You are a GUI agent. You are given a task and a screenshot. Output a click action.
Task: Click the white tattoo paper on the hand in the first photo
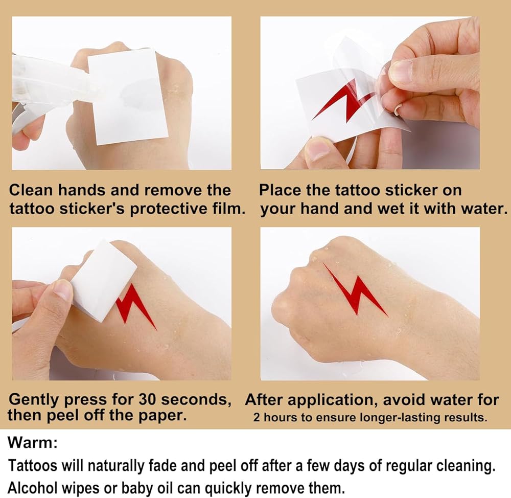click(x=127, y=96)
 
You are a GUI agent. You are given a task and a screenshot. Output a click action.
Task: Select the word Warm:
click(x=33, y=443)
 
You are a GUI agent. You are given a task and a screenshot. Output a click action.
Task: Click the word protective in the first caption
click(x=168, y=209)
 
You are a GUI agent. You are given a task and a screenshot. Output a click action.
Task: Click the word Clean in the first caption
click(x=31, y=190)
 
